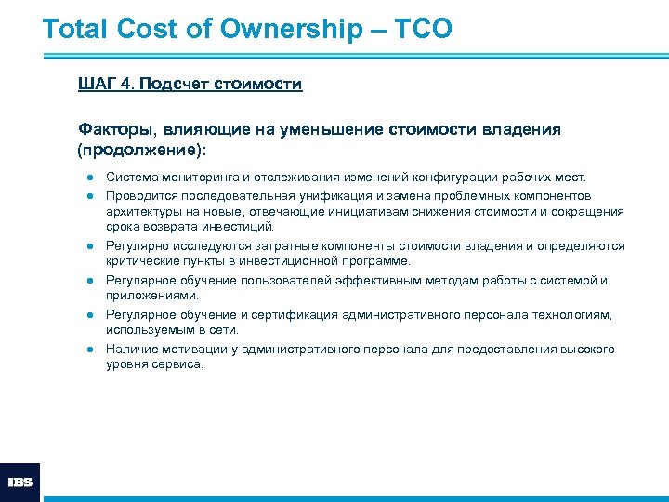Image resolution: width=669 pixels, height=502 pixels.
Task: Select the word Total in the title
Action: coord(77,29)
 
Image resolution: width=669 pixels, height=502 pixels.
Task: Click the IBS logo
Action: coord(20,482)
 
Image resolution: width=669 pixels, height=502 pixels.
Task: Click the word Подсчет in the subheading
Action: coord(177,85)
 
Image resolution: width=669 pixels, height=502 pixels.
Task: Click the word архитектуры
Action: coord(140,211)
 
